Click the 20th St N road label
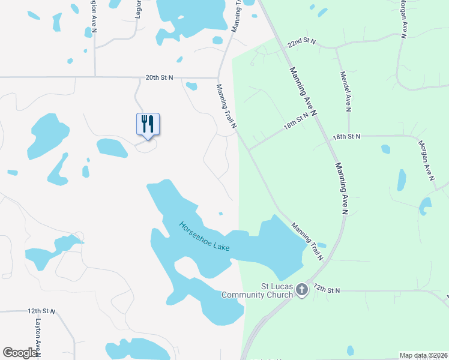159,77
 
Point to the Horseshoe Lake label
204,237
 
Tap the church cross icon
302,291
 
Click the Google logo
20,353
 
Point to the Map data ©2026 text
423,355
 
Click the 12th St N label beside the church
326,290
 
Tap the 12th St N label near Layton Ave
41,311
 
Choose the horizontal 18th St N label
347,136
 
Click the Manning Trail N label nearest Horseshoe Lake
307,241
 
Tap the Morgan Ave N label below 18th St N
426,160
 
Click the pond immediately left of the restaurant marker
112,148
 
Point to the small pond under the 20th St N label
191,86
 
